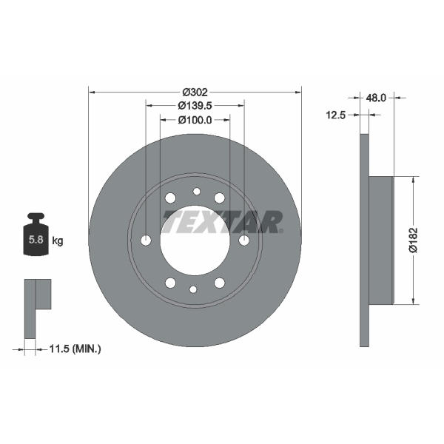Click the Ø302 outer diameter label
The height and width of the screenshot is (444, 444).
pyautogui.click(x=195, y=92)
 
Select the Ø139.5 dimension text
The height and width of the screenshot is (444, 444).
pyautogui.click(x=195, y=106)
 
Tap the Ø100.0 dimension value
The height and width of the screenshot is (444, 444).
pyautogui.click(x=195, y=120)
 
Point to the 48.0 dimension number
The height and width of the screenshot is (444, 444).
pyautogui.click(x=376, y=98)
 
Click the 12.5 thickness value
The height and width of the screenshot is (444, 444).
pyautogui.click(x=336, y=115)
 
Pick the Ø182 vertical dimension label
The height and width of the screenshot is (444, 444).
pyautogui.click(x=413, y=240)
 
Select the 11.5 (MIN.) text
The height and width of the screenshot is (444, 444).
pyautogui.click(x=75, y=349)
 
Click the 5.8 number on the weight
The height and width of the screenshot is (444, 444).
pyautogui.click(x=36, y=240)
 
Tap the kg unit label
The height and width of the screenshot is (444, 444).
pyautogui.click(x=58, y=241)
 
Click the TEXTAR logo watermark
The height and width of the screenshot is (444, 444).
pyautogui.click(x=223, y=222)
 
